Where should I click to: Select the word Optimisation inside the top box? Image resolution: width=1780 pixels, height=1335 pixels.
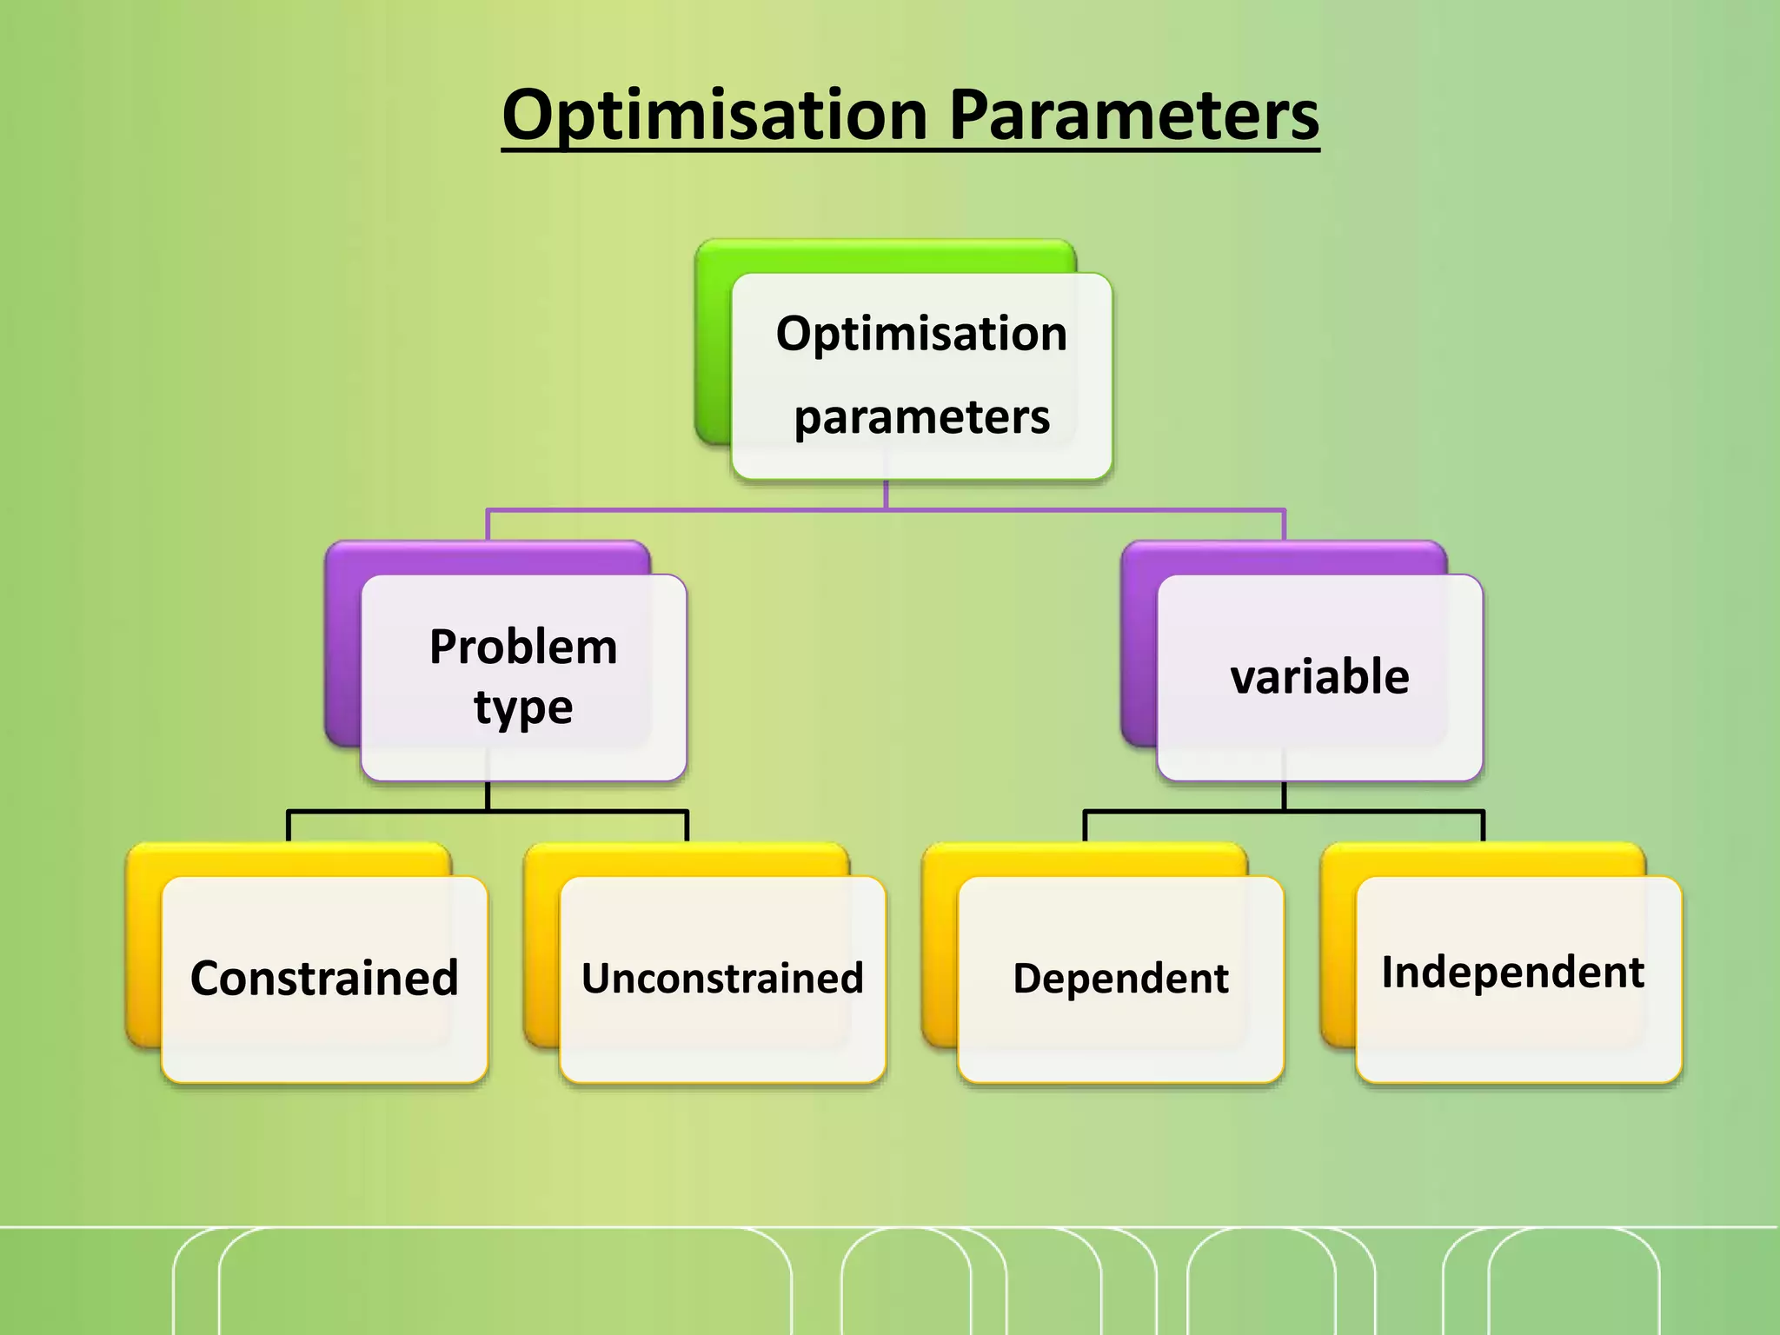pos(921,334)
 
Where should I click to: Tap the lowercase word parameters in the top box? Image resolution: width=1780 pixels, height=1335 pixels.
pos(921,418)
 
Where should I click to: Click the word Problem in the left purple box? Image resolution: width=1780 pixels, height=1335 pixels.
pos(523,648)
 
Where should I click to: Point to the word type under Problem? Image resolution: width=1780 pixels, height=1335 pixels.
pos(523,707)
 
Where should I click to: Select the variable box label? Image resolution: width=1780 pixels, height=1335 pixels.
pos(1319,677)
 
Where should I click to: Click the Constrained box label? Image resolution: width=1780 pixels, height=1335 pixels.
pos(324,979)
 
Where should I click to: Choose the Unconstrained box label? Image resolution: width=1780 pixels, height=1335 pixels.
pos(722,979)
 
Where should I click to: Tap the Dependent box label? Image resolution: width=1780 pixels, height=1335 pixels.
pos(1120,979)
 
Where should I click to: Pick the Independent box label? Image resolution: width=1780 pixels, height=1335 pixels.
pos(1512,973)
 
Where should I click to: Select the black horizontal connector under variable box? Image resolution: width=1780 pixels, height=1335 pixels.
pos(1391,812)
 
